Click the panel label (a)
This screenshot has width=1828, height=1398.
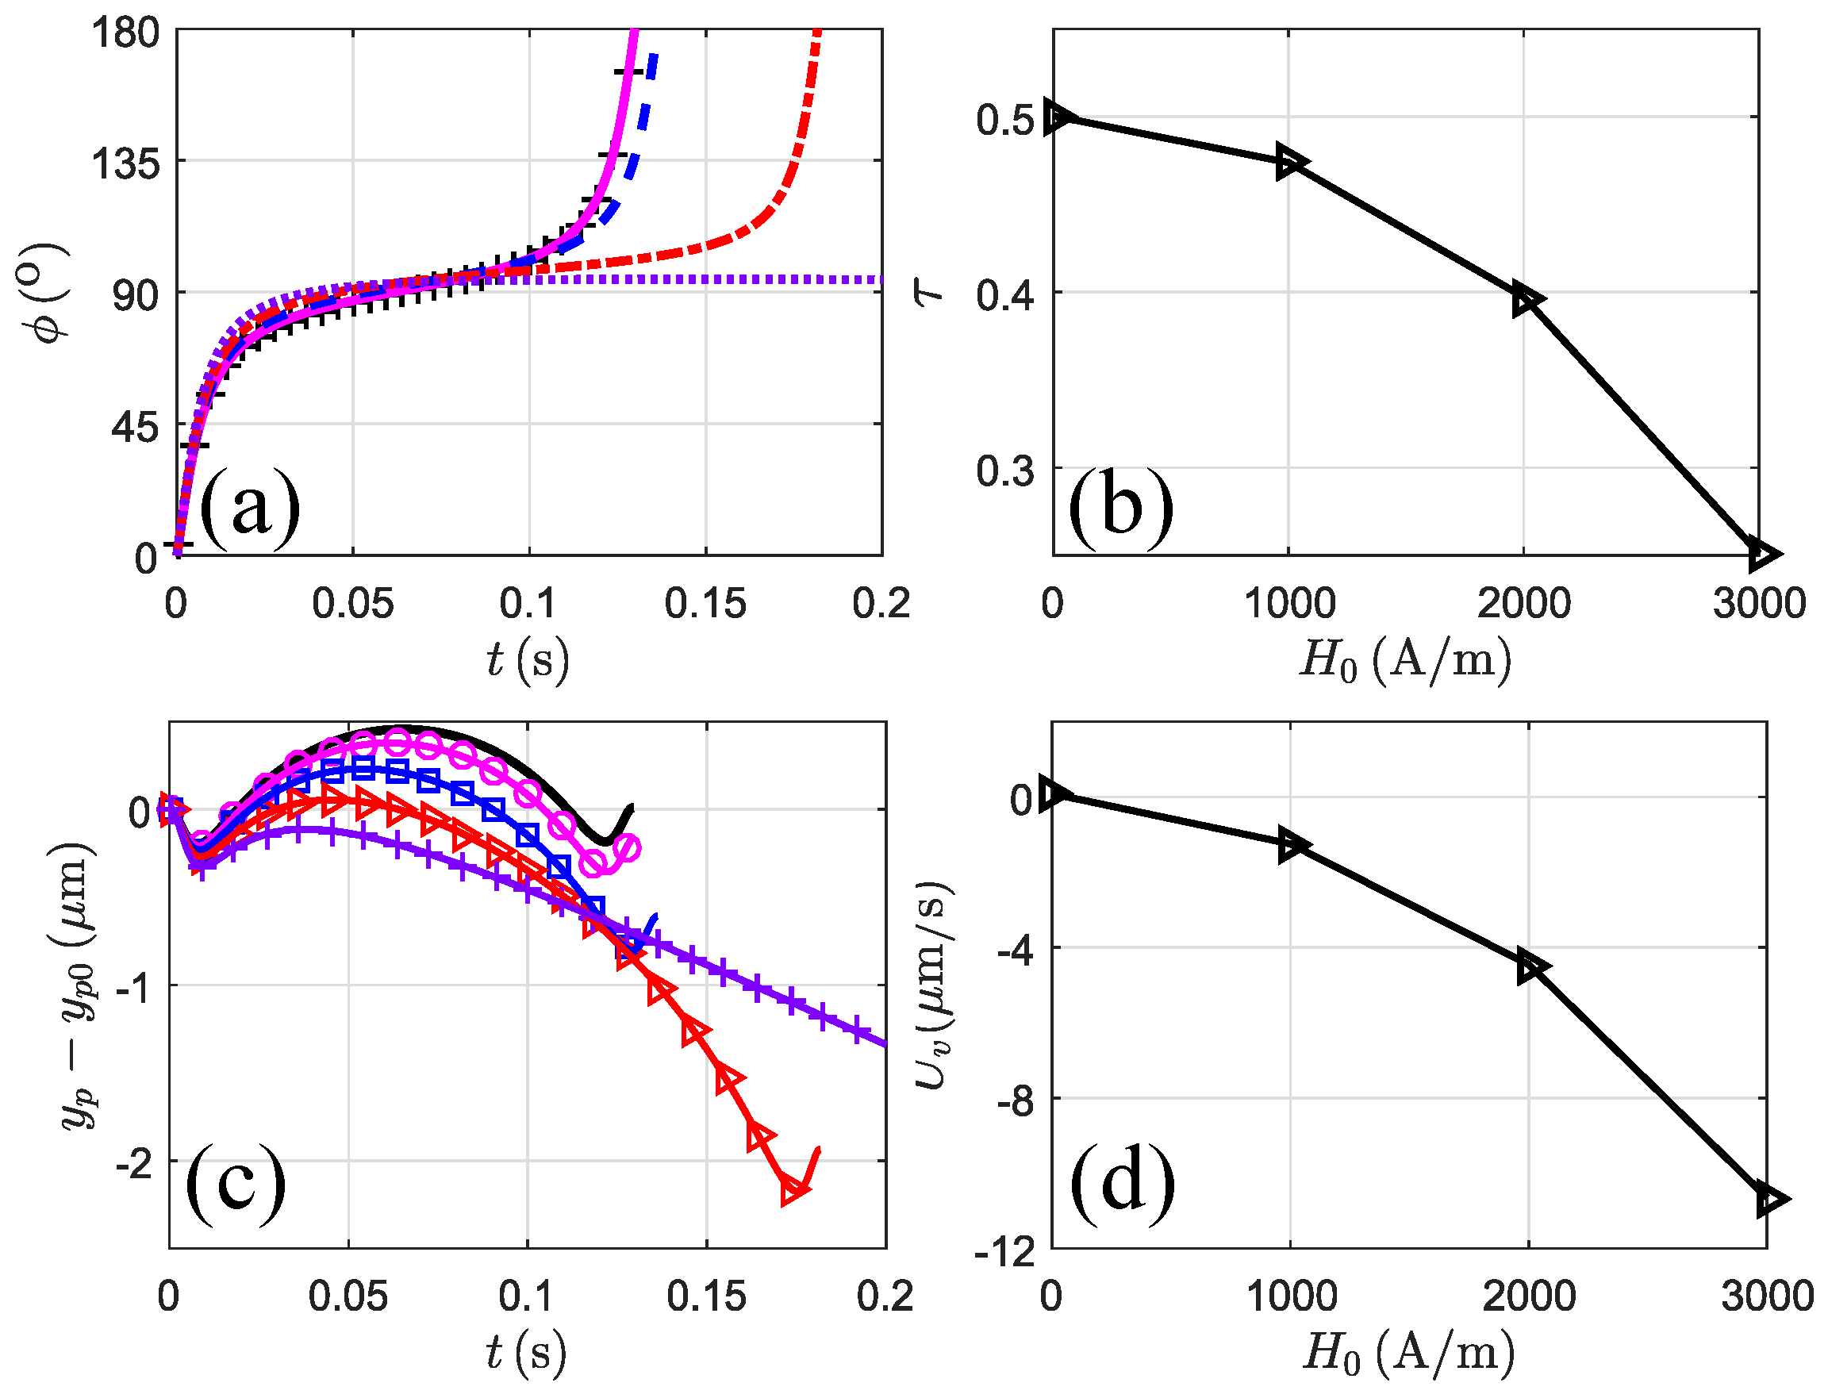coord(250,509)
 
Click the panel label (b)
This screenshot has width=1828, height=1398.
coord(1121,509)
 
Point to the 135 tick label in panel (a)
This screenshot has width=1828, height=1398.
coord(125,164)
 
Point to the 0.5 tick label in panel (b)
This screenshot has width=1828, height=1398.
coord(1005,120)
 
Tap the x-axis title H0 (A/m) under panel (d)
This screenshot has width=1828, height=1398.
coord(1407,1352)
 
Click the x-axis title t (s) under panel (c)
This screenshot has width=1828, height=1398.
coord(526,1352)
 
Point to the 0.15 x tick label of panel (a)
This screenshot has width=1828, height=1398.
coord(705,603)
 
